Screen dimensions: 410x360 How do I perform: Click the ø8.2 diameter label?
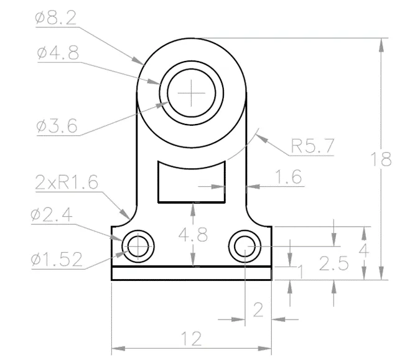(x=56, y=17)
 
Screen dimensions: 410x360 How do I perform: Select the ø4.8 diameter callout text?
(x=58, y=52)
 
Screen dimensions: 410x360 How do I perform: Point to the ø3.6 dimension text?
(x=57, y=126)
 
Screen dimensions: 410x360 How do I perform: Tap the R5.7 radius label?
(x=312, y=146)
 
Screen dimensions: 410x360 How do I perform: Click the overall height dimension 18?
(x=381, y=159)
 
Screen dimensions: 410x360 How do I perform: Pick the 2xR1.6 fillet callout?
(x=67, y=182)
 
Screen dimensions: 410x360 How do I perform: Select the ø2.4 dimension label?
(x=52, y=216)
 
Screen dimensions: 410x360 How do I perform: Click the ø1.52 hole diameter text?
(x=57, y=259)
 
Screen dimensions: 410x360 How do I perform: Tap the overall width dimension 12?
(x=192, y=339)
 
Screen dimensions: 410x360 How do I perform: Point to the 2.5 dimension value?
(x=334, y=263)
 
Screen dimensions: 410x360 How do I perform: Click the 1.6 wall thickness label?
(x=289, y=177)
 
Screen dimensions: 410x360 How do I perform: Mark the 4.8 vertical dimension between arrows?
(x=193, y=234)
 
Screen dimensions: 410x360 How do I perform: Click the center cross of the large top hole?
(x=192, y=93)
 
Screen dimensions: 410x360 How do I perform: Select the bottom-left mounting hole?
(x=138, y=247)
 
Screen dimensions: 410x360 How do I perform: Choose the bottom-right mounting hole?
(x=245, y=247)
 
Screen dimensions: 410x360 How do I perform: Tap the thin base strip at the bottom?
(x=192, y=273)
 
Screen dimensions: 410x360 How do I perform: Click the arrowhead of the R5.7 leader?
(x=262, y=138)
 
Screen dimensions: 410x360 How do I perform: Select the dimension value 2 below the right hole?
(x=258, y=310)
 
